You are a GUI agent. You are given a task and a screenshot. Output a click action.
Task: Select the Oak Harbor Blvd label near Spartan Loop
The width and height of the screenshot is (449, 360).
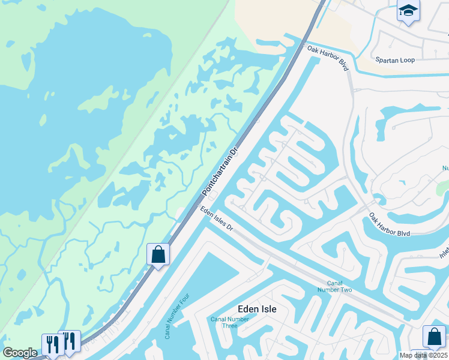coord(328,58)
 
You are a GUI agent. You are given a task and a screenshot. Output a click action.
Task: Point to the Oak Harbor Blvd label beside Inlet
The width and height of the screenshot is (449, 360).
coord(390,224)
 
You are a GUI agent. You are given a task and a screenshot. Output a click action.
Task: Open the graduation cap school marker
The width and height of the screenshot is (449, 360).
coord(408,11)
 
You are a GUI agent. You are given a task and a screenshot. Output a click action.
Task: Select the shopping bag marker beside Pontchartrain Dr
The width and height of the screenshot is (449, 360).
coord(158,254)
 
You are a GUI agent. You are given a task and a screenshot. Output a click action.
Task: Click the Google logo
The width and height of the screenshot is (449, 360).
coord(20,353)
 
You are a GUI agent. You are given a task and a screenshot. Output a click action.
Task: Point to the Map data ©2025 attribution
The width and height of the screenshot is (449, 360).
coord(423,355)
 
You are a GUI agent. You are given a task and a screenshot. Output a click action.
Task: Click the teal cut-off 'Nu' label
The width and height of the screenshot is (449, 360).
coord(445,169)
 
